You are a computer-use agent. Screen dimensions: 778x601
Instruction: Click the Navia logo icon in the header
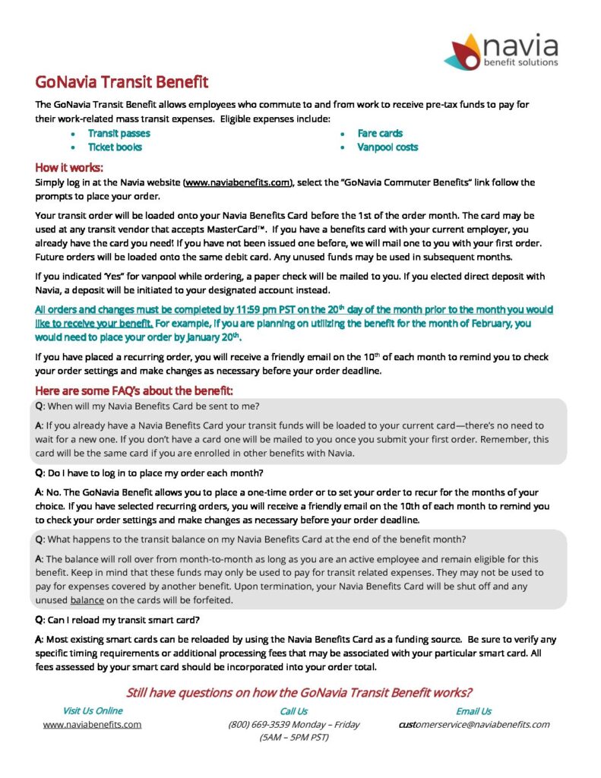coord(462,51)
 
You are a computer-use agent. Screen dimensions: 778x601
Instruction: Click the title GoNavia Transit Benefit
coord(122,82)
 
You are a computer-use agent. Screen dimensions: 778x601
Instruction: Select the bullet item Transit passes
coord(119,133)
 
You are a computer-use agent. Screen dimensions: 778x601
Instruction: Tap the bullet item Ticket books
coord(115,147)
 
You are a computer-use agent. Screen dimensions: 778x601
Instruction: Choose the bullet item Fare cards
coord(380,133)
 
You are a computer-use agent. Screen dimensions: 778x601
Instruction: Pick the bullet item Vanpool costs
coord(387,147)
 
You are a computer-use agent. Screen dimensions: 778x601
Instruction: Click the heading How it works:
coord(69,167)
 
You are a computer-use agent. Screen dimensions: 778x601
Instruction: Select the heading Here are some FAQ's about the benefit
coord(134,391)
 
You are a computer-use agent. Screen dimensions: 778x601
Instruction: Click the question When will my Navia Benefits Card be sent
coord(152,406)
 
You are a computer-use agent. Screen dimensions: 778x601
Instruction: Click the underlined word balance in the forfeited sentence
coord(87,599)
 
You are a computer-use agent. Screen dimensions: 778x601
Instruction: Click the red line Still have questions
coord(299,692)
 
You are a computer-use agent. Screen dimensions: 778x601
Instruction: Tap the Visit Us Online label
coord(92,711)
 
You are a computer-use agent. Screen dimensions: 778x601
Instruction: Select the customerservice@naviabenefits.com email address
coord(473,724)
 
